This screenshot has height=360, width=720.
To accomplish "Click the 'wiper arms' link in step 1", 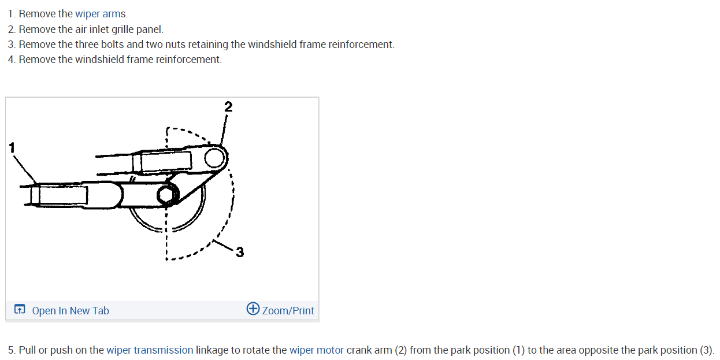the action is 101,14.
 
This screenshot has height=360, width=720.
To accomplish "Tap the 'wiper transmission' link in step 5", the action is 150,350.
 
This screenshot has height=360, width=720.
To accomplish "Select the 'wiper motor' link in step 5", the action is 316,350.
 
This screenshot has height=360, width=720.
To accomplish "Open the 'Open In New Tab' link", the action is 70,311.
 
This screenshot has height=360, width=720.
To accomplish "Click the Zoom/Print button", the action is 287,311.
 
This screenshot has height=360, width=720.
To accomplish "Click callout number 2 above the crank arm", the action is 228,106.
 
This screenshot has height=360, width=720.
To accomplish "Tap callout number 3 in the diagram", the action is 240,252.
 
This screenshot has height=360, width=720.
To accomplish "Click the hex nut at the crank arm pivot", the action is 166,196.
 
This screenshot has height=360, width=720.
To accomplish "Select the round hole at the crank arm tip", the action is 214,155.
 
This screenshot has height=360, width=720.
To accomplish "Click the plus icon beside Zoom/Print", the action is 253,309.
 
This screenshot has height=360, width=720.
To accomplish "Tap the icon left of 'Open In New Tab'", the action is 20,310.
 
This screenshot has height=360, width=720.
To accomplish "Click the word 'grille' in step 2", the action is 122,29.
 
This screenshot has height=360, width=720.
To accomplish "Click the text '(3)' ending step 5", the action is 707,350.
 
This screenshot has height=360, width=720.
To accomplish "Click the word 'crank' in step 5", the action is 359,350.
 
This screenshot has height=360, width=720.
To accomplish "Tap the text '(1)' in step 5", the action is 519,350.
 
